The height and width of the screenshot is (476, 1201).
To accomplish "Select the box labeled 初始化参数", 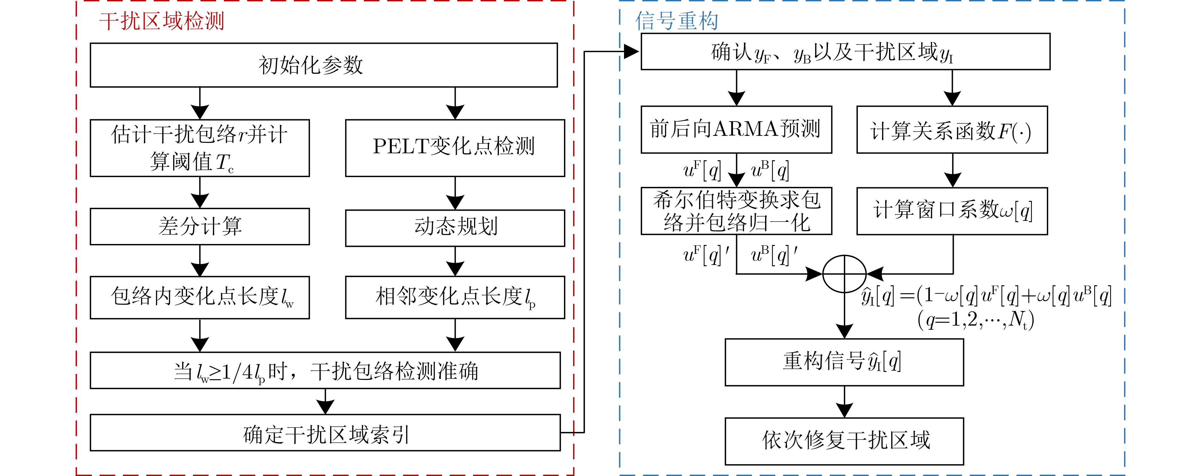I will (x=323, y=65).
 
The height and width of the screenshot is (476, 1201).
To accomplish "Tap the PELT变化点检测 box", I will (x=455, y=148).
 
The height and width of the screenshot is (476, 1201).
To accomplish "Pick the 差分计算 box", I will (x=200, y=226).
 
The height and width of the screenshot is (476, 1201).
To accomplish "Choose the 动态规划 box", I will (x=455, y=228).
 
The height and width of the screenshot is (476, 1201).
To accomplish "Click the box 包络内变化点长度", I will (x=200, y=297).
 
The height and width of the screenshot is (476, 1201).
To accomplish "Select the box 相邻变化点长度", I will (x=455, y=297).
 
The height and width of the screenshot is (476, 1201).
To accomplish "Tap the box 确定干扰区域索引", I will (x=325, y=433).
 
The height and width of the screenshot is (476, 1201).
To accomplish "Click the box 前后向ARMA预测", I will (x=736, y=129).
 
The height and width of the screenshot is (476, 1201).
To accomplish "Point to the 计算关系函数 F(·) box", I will (x=952, y=129).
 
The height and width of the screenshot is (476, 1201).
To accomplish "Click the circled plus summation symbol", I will (x=844, y=274).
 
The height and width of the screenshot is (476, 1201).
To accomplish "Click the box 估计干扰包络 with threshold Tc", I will (x=200, y=148).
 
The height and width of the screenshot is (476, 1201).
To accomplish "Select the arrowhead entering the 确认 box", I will (x=631, y=52).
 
